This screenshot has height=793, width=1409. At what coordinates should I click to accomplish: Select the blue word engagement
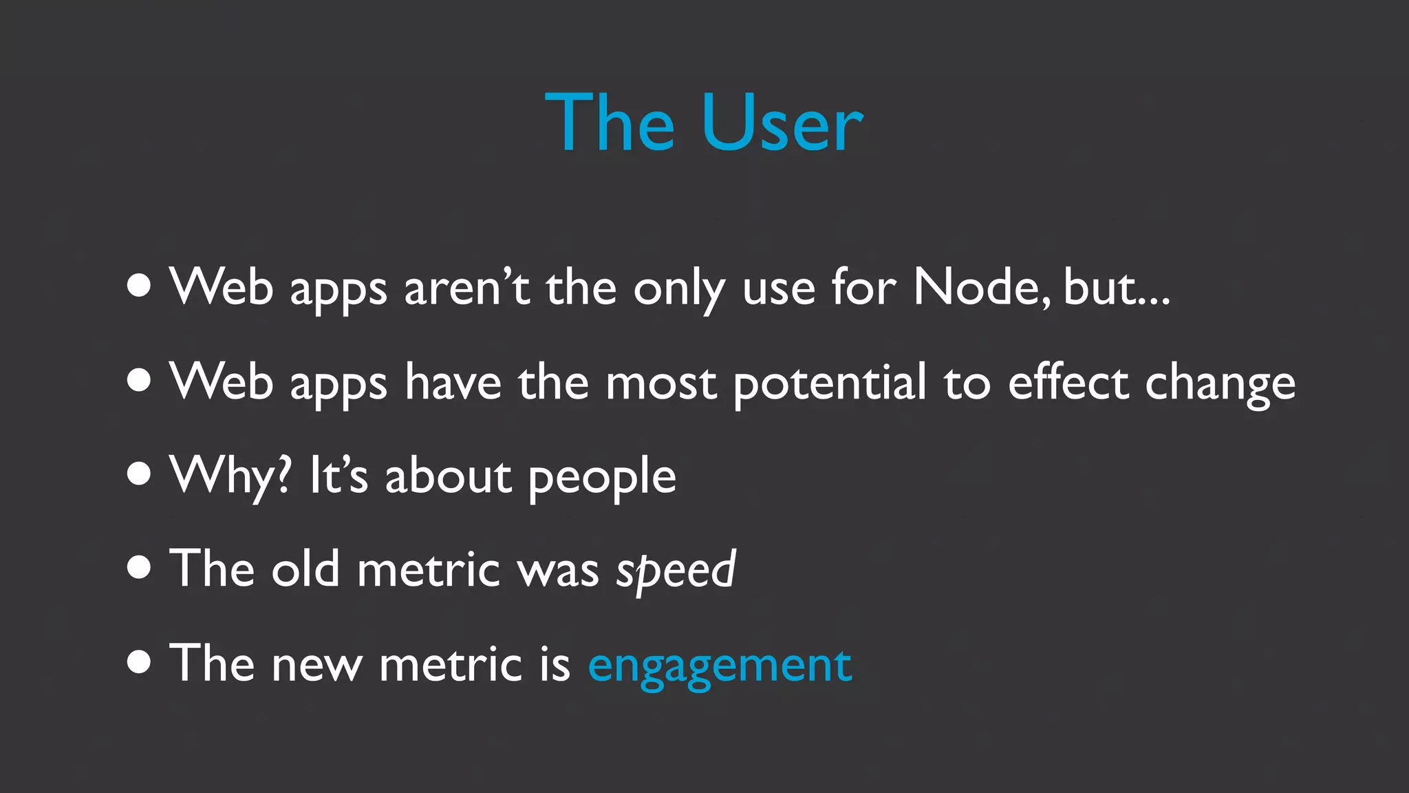[720, 666]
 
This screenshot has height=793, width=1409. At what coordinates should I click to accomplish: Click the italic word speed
[676, 571]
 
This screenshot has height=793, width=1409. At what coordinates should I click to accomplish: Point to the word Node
[982, 287]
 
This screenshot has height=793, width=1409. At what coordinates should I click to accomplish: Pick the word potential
[830, 383]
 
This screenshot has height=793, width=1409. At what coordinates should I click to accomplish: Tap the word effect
[1068, 382]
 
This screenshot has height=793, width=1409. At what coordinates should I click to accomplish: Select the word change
[1220, 383]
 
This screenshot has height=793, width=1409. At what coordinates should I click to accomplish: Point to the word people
[602, 477]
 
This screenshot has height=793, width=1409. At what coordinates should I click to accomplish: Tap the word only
[678, 288]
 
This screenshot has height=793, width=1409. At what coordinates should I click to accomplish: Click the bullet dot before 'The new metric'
[139, 662]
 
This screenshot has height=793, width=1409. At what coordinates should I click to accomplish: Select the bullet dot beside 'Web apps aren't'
[139, 285]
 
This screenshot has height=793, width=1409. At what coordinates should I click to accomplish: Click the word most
[660, 383]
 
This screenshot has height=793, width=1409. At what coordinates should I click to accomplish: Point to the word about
[449, 476]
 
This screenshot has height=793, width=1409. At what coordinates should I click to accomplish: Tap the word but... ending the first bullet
[1116, 287]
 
